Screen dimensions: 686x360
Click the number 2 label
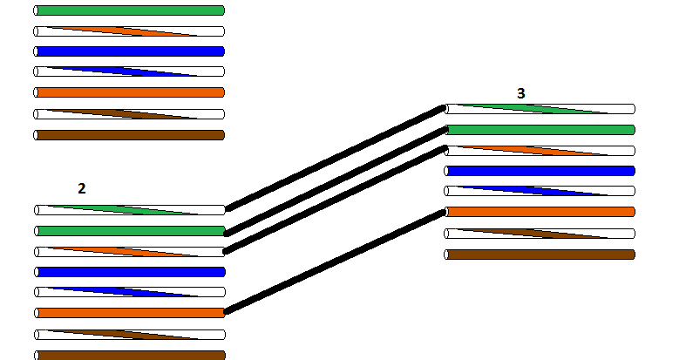(x=81, y=188)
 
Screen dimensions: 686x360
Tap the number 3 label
(x=521, y=93)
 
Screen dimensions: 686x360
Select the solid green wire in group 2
(x=130, y=231)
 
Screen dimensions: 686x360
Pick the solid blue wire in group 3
(x=540, y=171)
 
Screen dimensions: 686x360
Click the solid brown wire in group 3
(x=540, y=255)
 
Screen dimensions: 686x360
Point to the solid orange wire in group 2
(x=130, y=312)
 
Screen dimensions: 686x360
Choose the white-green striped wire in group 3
(x=540, y=109)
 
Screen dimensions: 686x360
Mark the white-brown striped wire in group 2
(x=130, y=334)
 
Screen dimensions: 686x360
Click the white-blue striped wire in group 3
(x=540, y=191)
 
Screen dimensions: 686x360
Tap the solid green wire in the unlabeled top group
(x=130, y=10)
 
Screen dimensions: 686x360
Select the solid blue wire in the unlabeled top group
(x=130, y=51)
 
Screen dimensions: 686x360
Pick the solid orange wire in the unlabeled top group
(x=130, y=92)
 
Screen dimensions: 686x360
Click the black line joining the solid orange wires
(x=336, y=262)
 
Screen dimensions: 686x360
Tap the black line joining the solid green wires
(x=336, y=181)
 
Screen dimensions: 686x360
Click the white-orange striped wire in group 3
(x=540, y=150)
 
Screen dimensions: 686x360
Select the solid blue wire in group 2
(x=130, y=272)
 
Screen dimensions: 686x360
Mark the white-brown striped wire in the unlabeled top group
(x=130, y=113)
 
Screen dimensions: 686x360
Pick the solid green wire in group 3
(x=540, y=130)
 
